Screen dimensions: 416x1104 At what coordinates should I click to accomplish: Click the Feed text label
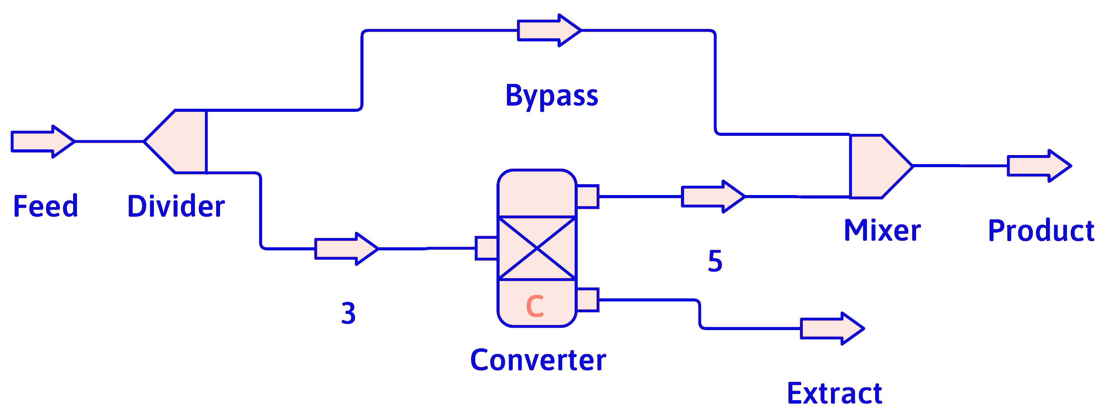(45, 206)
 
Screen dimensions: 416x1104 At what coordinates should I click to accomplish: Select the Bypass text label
(551, 96)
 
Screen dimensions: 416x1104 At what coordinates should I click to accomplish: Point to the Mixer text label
(882, 230)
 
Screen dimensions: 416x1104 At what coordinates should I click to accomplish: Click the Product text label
(1041, 231)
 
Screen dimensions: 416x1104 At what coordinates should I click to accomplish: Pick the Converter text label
(538, 360)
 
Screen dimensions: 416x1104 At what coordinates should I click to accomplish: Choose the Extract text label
(834, 393)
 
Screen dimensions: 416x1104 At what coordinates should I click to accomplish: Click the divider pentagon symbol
(180, 142)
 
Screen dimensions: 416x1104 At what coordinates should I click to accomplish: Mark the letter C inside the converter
(535, 306)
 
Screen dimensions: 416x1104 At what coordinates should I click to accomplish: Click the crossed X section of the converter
(537, 248)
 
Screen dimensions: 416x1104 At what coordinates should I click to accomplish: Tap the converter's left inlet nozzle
(486, 248)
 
